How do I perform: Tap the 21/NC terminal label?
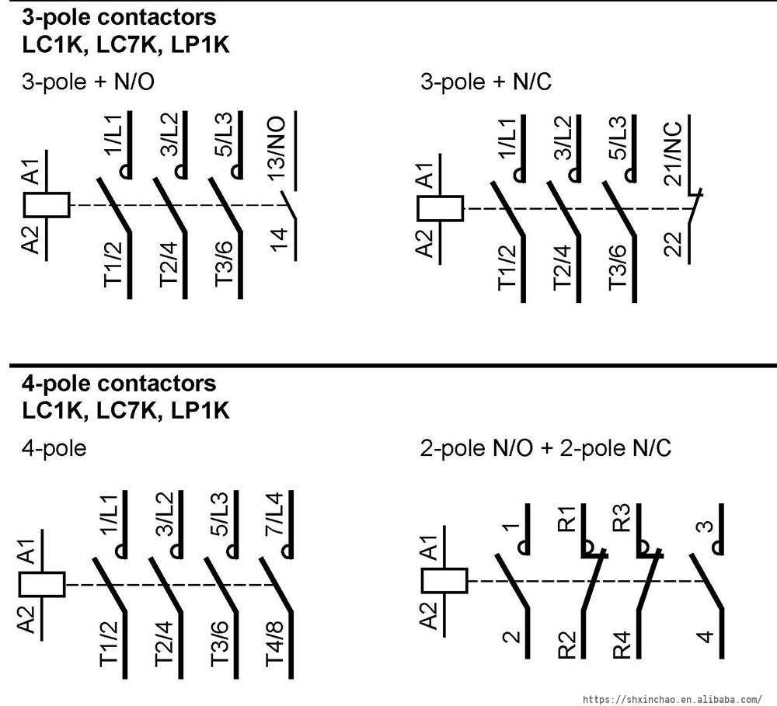pyautogui.click(x=672, y=154)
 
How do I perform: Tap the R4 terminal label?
pyautogui.click(x=622, y=646)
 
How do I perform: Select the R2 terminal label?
pyautogui.click(x=567, y=646)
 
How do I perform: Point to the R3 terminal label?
pyautogui.click(x=622, y=519)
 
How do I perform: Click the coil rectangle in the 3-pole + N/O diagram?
pyautogui.click(x=47, y=204)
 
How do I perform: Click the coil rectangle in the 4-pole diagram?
pyautogui.click(x=41, y=584)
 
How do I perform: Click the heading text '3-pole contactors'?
pyautogui.click(x=119, y=16)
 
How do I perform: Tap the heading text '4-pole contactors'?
pyautogui.click(x=119, y=384)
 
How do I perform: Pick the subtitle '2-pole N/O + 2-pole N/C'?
pyautogui.click(x=545, y=448)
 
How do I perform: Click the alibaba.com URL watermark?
pyautogui.click(x=672, y=699)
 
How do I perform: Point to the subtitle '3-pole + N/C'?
pyautogui.click(x=486, y=82)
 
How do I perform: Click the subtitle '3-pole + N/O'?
pyautogui.click(x=93, y=82)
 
